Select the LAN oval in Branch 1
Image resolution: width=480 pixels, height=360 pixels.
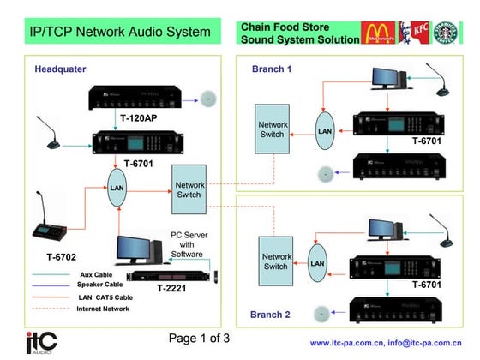pos(323,132)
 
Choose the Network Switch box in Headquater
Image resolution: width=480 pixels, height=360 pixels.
pos(189,189)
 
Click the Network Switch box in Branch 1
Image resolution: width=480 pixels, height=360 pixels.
pos(273,130)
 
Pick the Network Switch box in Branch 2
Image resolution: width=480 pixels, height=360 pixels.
pos(276,261)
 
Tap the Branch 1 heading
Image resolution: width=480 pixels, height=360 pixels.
pos(272,69)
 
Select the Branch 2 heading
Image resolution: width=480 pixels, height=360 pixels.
pos(271,315)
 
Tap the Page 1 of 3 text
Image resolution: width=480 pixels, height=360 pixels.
pos(199,338)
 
